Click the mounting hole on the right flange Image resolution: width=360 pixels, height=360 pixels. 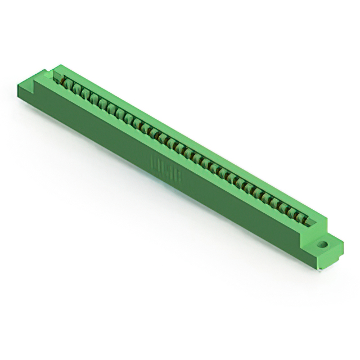pos(322,245)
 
